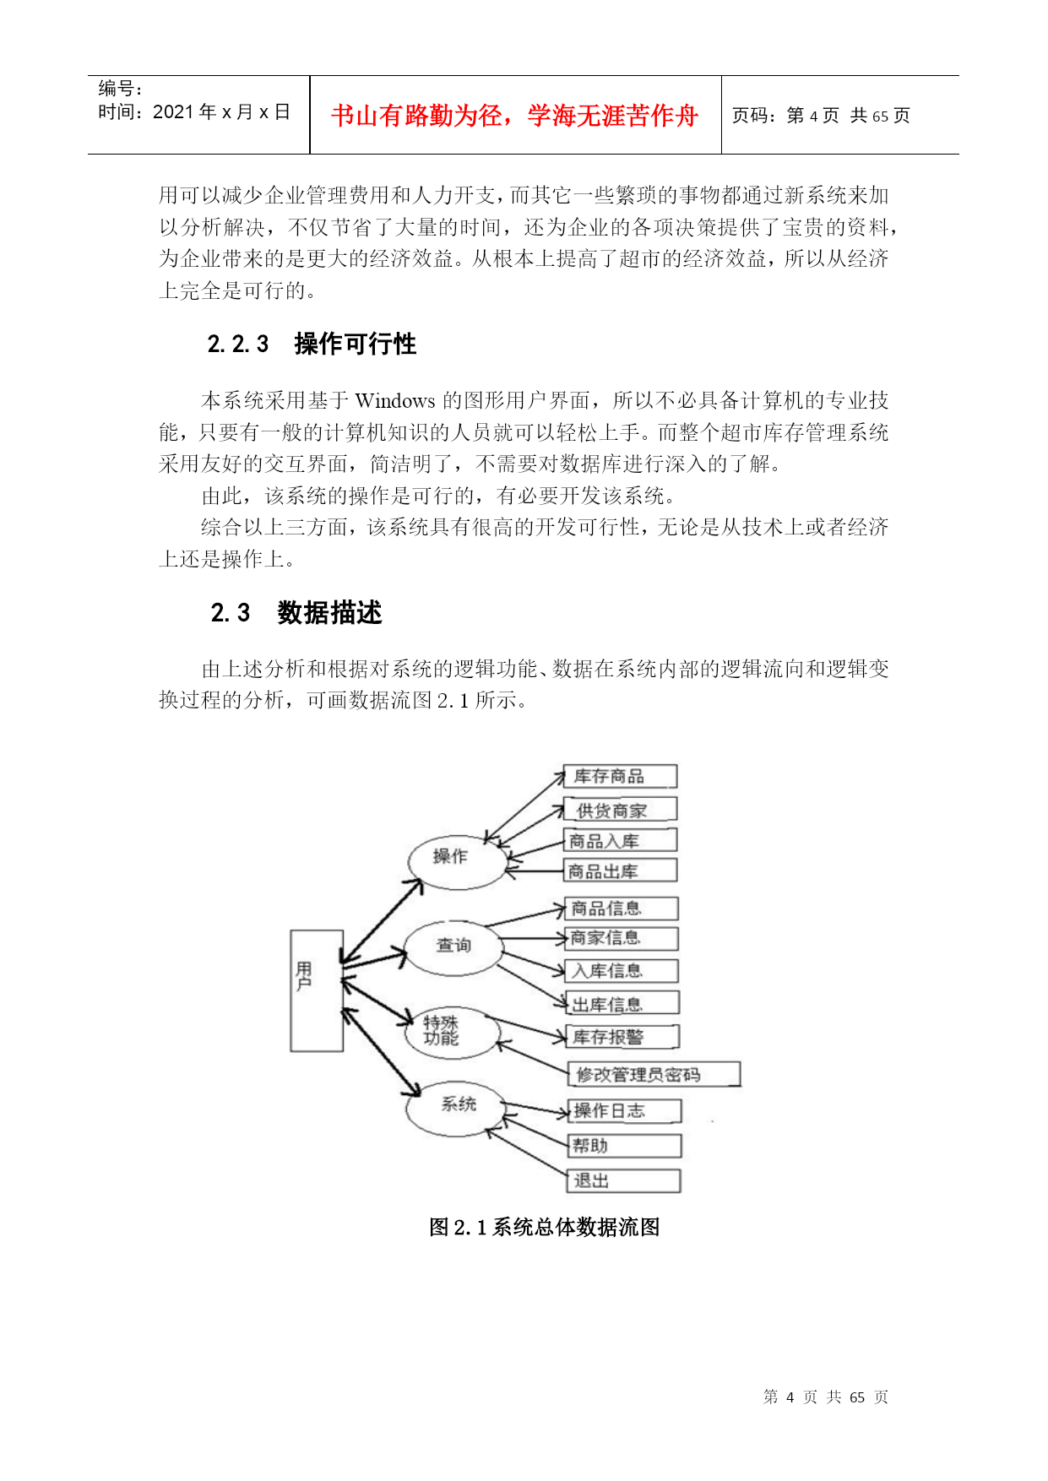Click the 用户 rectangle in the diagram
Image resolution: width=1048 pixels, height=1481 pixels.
(x=317, y=990)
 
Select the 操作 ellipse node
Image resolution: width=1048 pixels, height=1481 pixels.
(x=457, y=862)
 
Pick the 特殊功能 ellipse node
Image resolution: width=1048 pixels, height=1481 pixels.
(x=453, y=1033)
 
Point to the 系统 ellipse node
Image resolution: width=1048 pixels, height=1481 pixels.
(x=455, y=1107)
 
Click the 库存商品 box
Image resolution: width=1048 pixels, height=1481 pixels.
(x=621, y=777)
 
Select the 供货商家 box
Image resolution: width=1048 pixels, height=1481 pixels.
(x=621, y=810)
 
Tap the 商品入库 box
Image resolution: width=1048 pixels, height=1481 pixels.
(x=621, y=840)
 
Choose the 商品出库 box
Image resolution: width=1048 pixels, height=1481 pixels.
(x=621, y=871)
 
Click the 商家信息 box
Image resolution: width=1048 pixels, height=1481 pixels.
(x=622, y=938)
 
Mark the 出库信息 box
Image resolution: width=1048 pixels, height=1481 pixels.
(x=622, y=1003)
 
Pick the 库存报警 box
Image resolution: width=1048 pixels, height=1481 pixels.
(x=622, y=1037)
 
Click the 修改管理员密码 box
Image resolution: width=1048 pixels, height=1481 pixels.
(x=654, y=1074)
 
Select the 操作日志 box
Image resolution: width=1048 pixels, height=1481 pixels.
(x=625, y=1111)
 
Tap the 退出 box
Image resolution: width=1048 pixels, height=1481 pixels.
(x=624, y=1180)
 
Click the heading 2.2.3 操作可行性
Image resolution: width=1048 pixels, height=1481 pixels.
(x=312, y=344)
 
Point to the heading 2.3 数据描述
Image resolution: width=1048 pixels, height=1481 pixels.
(x=296, y=613)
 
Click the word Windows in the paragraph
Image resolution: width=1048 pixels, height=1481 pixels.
(x=395, y=401)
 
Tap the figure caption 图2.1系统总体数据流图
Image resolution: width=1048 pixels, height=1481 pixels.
(x=545, y=1227)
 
